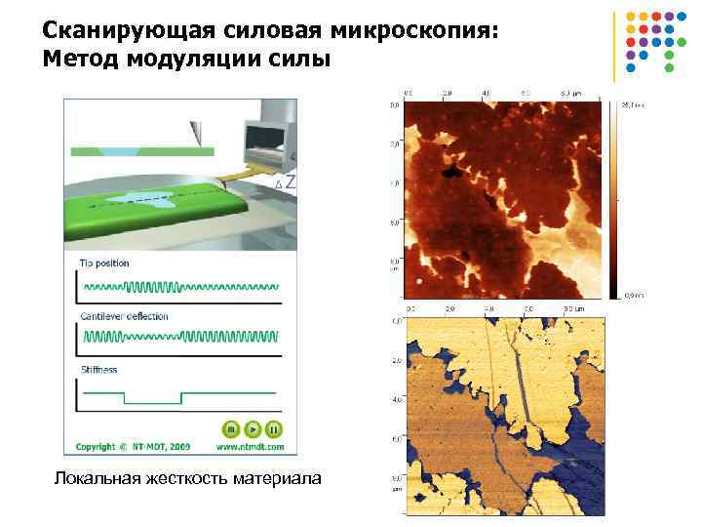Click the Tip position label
[x=104, y=263]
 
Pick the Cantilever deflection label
[x=125, y=316]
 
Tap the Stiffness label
[x=98, y=370]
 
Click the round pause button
[x=274, y=428]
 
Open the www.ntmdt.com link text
[x=251, y=447]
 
